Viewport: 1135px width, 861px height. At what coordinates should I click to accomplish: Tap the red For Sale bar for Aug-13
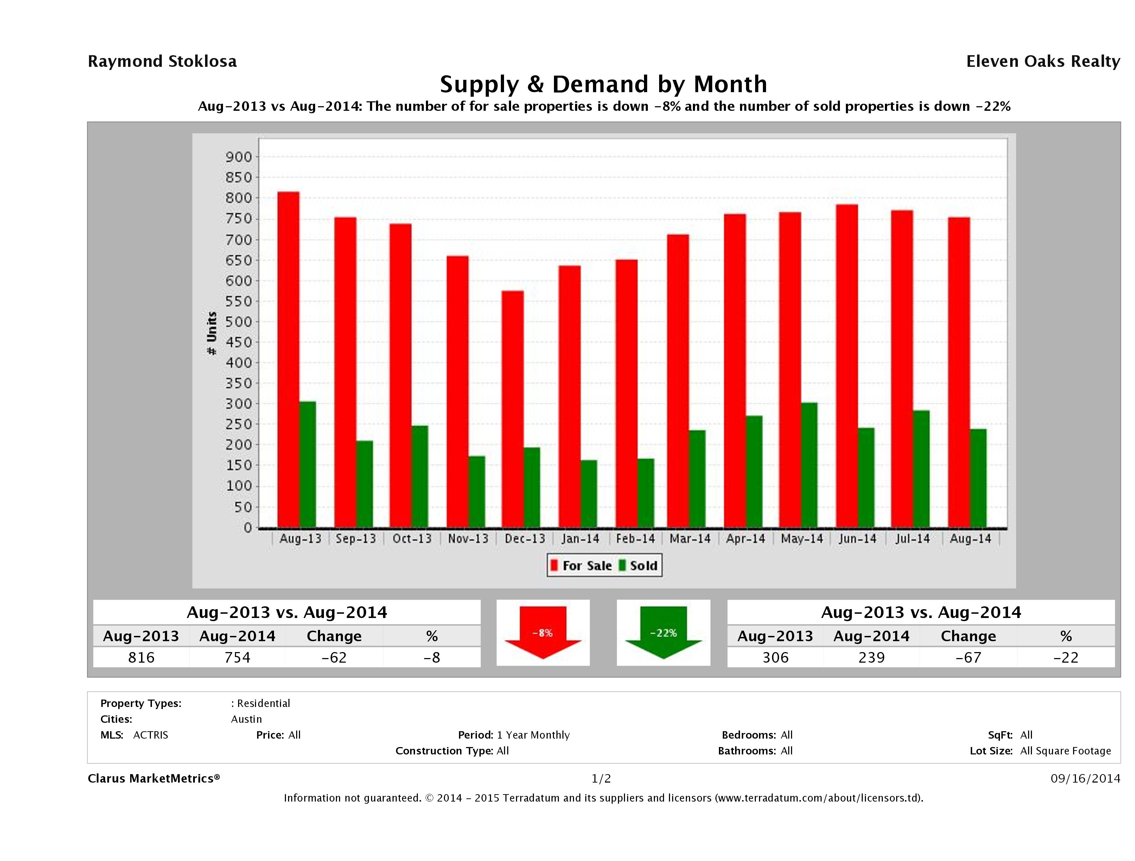point(288,359)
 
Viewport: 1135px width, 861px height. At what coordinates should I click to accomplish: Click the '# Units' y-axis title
point(211,333)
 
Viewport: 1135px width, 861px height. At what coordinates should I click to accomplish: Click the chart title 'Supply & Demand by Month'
point(604,84)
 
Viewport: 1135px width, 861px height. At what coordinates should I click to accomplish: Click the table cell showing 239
point(871,657)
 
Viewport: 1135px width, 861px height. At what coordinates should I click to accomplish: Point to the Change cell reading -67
point(968,657)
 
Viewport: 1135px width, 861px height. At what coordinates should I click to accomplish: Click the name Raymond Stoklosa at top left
point(162,62)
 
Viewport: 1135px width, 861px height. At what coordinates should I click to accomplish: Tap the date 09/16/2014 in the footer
point(1085,778)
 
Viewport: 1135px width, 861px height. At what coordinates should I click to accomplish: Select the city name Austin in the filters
point(246,719)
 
